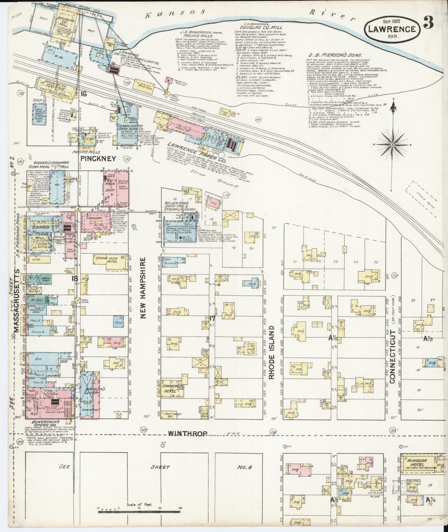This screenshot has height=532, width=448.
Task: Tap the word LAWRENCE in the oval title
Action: (392, 29)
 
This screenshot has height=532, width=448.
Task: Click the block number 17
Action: (212, 318)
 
